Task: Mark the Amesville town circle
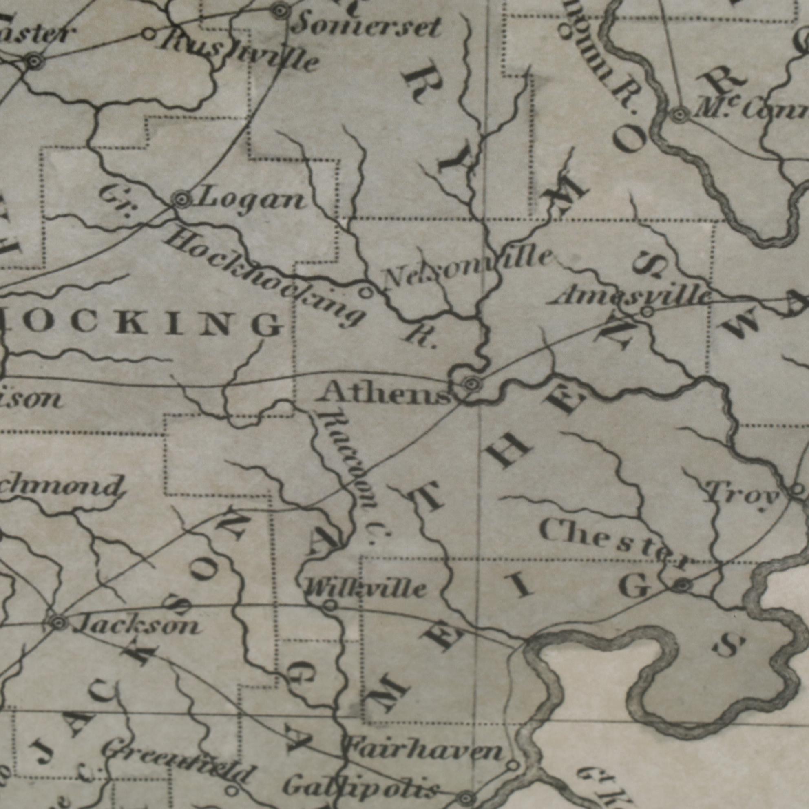[x=648, y=312]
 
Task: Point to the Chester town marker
[x=683, y=585]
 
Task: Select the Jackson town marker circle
[x=59, y=623]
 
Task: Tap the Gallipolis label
[x=360, y=786]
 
